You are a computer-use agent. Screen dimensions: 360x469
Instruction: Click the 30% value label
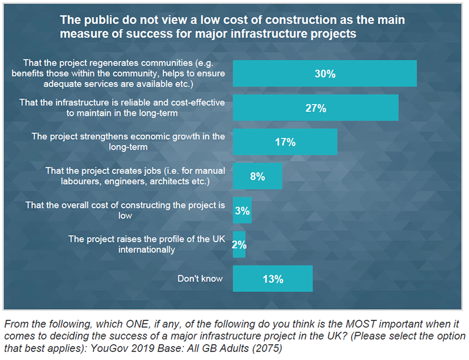pyautogui.click(x=324, y=74)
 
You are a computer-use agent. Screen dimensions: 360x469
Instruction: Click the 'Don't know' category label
pyautogui.click(x=200, y=279)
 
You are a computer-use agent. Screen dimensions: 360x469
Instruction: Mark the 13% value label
pyautogui.click(x=273, y=279)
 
